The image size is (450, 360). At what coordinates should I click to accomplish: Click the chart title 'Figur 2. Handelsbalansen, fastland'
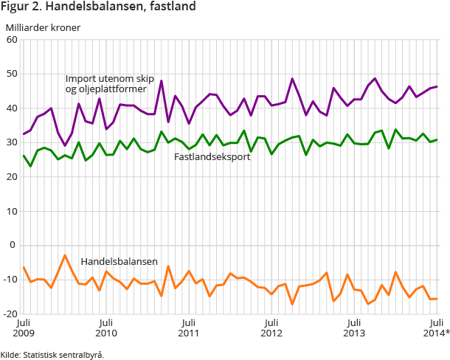(98, 7)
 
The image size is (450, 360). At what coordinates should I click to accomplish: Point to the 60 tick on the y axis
(12, 40)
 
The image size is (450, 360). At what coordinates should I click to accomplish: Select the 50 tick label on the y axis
(12, 74)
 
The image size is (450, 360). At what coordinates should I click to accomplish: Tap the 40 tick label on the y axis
(12, 108)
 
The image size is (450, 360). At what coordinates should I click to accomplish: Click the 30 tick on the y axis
(12, 142)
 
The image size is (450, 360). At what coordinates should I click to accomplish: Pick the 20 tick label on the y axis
(12, 177)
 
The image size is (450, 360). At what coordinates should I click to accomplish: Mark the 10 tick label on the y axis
(12, 211)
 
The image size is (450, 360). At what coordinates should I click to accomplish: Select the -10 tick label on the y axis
(10, 280)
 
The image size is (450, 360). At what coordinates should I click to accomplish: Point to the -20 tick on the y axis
(10, 314)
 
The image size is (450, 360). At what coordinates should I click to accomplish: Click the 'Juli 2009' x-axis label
(24, 328)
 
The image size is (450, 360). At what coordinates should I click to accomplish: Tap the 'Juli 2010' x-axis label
(106, 328)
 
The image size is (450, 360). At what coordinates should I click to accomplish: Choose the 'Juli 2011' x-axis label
(189, 328)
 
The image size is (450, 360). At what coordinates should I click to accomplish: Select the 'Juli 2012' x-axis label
(271, 328)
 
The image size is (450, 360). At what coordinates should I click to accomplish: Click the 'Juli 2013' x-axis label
(354, 328)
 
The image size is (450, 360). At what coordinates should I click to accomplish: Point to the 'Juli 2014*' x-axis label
(435, 328)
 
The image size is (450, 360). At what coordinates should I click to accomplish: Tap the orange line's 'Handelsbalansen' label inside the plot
(119, 262)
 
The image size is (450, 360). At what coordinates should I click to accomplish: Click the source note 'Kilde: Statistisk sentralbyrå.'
(52, 354)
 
